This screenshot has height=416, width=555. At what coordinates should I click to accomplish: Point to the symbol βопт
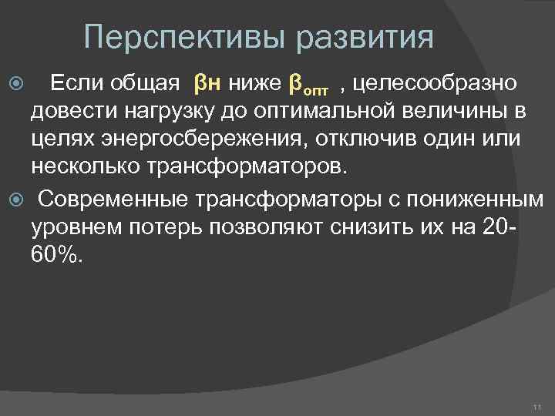[309, 82]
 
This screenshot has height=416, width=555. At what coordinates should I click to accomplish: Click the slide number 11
[537, 406]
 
